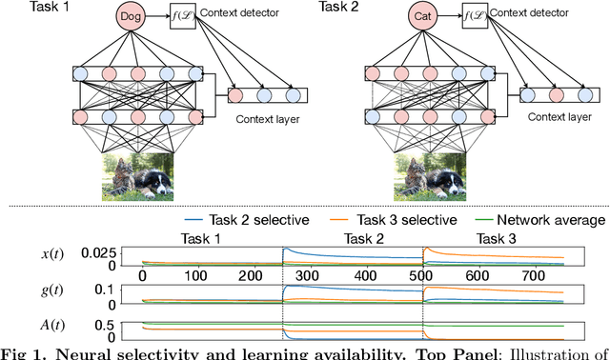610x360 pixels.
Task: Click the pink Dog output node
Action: (x=135, y=16)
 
